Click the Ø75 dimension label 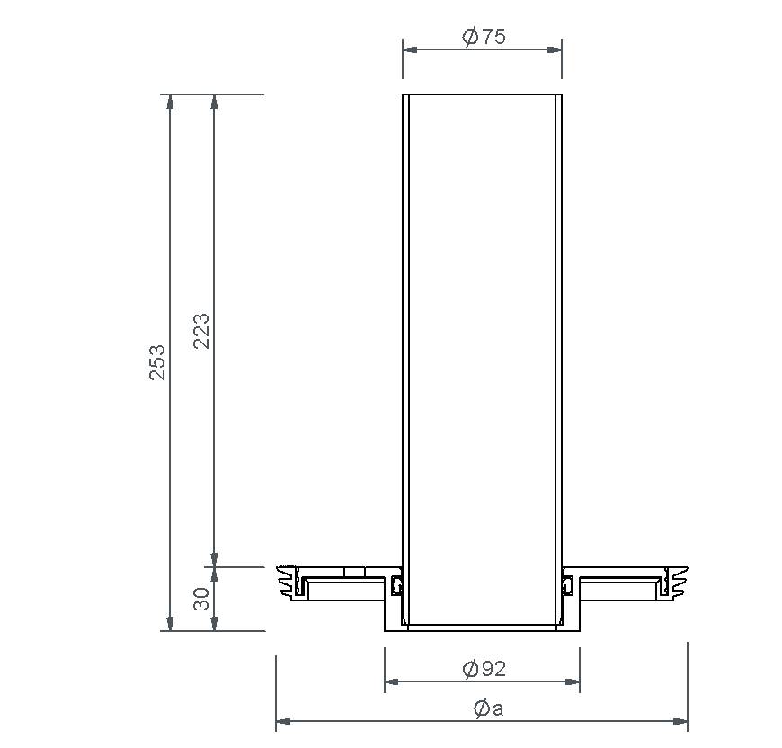tap(484, 37)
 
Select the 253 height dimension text tap(157, 361)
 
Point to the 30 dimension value tap(202, 599)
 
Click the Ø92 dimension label tap(484, 669)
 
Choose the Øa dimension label tap(488, 708)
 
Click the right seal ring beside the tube tap(567, 586)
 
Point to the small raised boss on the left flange tap(354, 572)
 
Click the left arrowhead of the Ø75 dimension tap(410, 50)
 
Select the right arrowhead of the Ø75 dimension tap(555, 50)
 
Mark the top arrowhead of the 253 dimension tap(170, 102)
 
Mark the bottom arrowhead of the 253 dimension tap(170, 623)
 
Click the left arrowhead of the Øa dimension tap(284, 721)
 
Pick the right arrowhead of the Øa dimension tap(680, 721)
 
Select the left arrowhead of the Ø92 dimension tap(393, 681)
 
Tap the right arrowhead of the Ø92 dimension tap(572, 681)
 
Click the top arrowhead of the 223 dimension tap(214, 102)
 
